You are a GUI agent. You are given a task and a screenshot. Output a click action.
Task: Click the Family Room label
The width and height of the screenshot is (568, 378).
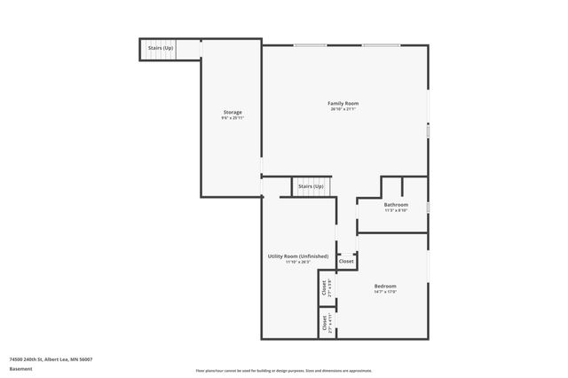pyautogui.click(x=343, y=104)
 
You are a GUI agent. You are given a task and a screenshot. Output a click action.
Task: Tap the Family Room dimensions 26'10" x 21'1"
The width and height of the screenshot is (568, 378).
pyautogui.click(x=343, y=110)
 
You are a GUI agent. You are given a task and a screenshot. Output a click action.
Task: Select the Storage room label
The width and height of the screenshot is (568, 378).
pyautogui.click(x=232, y=113)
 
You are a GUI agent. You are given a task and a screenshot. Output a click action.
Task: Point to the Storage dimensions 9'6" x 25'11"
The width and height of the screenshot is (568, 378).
pyautogui.click(x=232, y=119)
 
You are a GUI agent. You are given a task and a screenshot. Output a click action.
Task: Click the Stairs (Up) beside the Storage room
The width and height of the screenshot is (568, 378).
pyautogui.click(x=161, y=48)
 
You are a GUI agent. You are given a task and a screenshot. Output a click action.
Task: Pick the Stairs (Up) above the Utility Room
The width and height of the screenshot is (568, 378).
pyautogui.click(x=311, y=187)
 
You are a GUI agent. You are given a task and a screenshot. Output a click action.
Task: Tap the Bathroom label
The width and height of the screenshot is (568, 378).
pyautogui.click(x=396, y=205)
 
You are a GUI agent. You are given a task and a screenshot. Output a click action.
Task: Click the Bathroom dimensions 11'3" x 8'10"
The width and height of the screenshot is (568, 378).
pyautogui.click(x=396, y=211)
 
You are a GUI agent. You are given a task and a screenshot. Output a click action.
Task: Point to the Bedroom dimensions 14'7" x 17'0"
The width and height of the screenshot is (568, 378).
pyautogui.click(x=385, y=292)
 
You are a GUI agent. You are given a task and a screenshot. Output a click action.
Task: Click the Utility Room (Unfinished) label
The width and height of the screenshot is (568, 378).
pyautogui.click(x=298, y=256)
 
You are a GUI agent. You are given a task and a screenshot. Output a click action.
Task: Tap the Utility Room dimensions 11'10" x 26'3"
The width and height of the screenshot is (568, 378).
pyautogui.click(x=298, y=263)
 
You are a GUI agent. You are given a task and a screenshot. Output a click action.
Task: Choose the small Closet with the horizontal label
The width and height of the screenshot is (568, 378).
pyautogui.click(x=346, y=262)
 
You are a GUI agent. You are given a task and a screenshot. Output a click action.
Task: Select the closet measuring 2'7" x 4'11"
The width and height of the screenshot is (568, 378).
pyautogui.click(x=325, y=324)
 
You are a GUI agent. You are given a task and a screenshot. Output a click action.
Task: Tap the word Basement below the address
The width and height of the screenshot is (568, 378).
pyautogui.click(x=19, y=368)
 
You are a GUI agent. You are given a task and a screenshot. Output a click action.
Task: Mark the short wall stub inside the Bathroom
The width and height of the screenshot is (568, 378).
pyautogui.click(x=403, y=186)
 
